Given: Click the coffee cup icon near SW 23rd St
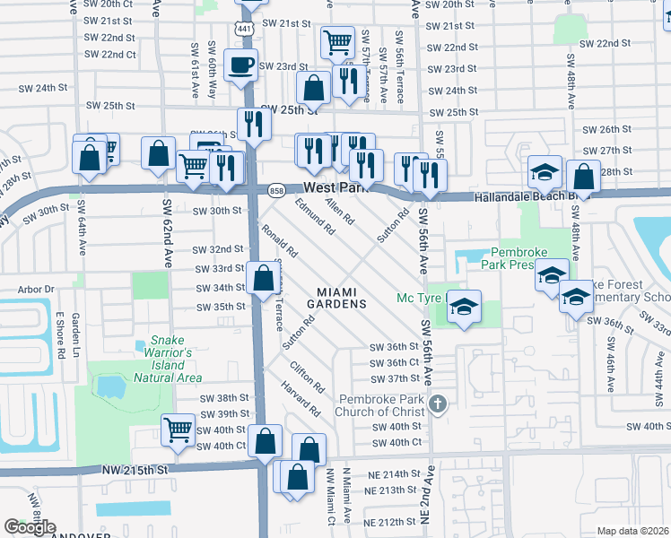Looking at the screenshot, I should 241,65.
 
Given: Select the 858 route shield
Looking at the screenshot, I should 277,190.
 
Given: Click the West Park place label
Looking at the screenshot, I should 337,188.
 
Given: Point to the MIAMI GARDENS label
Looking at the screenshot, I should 343,298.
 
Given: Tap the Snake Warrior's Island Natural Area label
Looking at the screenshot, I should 170,359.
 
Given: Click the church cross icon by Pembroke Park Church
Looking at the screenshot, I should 438,403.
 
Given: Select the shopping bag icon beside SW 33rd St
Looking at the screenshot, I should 265,278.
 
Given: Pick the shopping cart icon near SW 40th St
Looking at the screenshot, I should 179,429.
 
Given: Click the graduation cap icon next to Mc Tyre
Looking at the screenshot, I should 464,306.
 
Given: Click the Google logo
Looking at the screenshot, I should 30,527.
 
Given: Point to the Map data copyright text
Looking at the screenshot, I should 632,531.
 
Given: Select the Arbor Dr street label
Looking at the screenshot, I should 37,290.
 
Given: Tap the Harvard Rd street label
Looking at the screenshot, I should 304,400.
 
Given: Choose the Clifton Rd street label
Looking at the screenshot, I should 306,377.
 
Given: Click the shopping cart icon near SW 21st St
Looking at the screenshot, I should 337,40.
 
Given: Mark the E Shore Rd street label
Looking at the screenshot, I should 60,334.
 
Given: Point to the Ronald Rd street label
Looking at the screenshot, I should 279,240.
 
